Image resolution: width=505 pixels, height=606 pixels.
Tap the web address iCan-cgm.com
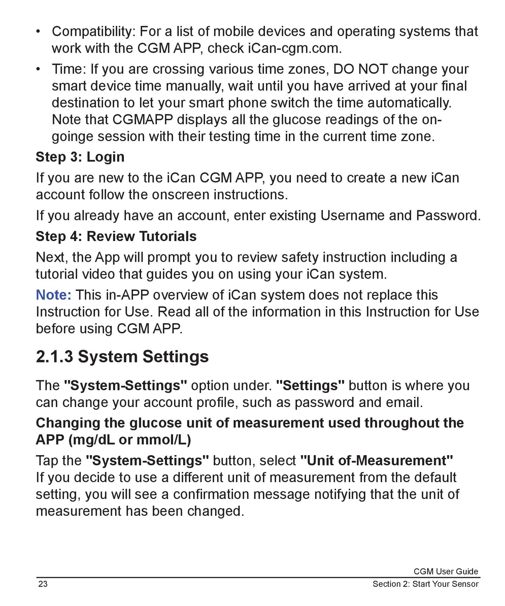click(294, 48)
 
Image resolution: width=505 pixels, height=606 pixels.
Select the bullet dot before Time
click(38, 68)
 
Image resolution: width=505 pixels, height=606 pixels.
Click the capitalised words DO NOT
click(360, 69)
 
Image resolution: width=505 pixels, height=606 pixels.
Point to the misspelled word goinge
click(72, 136)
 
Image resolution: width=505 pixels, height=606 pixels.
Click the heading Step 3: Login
click(80, 157)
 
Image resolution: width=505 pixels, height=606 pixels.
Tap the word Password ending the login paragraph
click(448, 215)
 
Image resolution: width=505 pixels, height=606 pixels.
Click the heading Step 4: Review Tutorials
click(116, 236)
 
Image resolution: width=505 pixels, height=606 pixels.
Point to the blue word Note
click(53, 295)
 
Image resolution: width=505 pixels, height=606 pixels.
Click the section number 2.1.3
click(54, 357)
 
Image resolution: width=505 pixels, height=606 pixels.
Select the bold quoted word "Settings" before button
click(310, 386)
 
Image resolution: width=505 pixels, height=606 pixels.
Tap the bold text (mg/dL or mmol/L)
click(130, 440)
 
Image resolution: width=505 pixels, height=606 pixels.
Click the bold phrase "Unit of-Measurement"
click(377, 460)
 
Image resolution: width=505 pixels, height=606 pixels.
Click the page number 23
click(43, 584)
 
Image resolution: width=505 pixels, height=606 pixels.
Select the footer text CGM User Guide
click(445, 571)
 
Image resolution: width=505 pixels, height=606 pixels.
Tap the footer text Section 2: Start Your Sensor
click(425, 584)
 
